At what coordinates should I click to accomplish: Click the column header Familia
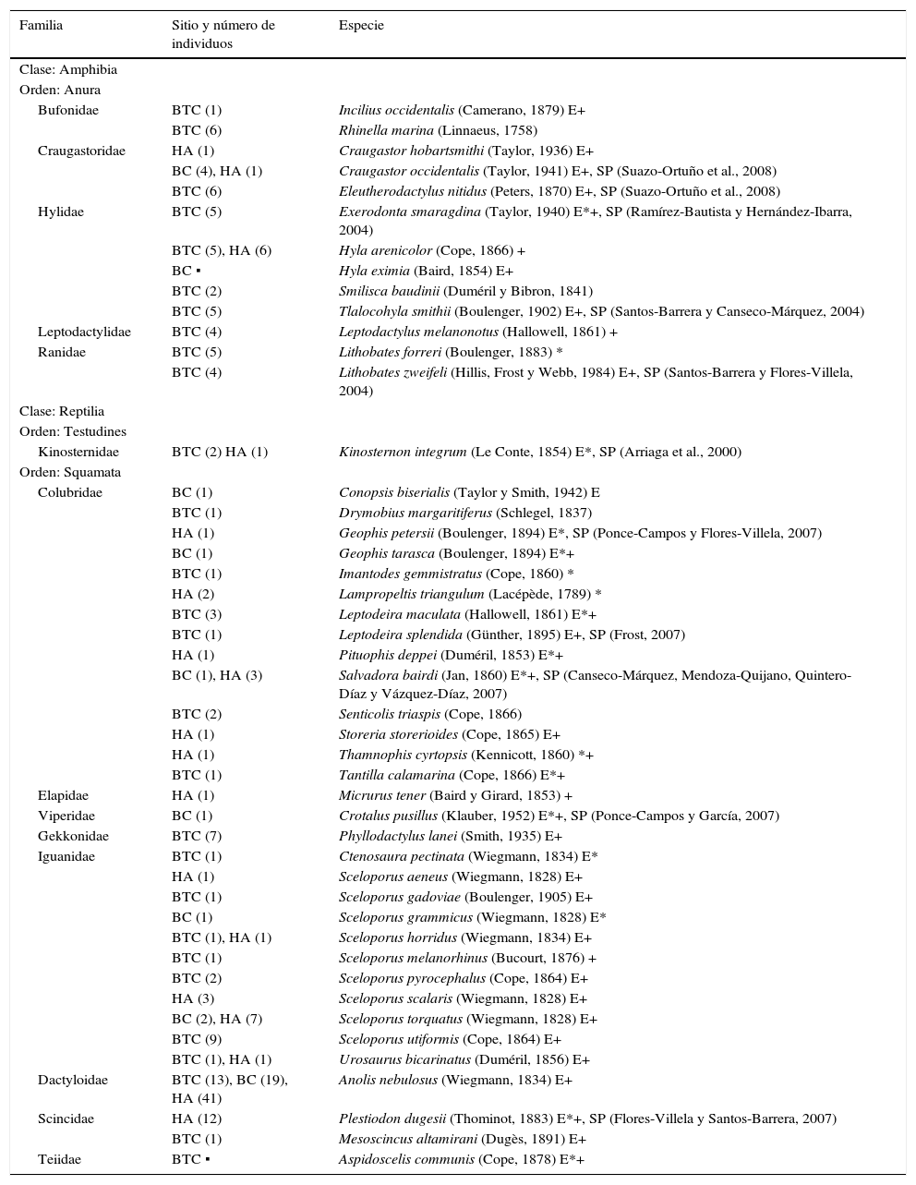(x=41, y=26)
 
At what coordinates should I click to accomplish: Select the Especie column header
(x=361, y=26)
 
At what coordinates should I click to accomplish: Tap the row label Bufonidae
(x=68, y=110)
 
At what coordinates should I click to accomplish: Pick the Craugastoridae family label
(x=81, y=151)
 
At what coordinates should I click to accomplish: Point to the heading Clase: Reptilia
(x=62, y=411)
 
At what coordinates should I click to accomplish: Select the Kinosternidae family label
(x=78, y=452)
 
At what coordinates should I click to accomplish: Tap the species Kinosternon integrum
(x=403, y=452)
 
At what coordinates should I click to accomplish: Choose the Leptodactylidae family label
(x=84, y=332)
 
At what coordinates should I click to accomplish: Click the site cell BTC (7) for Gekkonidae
(x=197, y=836)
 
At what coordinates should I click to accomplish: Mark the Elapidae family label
(x=64, y=795)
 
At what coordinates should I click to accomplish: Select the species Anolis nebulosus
(x=388, y=1080)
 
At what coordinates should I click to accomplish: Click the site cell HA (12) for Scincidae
(x=196, y=1118)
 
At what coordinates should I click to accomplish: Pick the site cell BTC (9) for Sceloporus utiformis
(x=197, y=1039)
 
